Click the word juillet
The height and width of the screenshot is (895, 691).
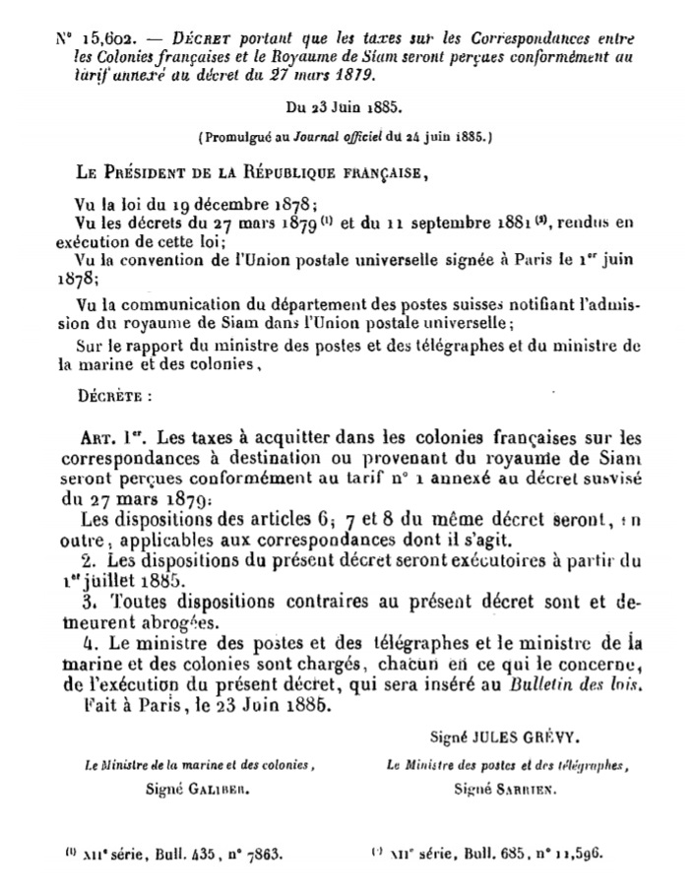137,580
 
